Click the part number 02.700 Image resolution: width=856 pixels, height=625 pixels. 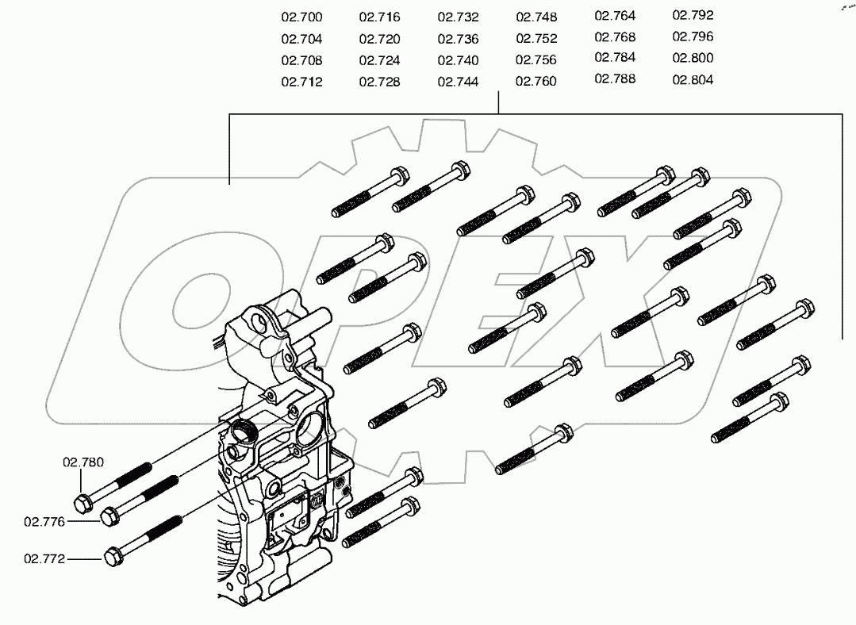pos(301,17)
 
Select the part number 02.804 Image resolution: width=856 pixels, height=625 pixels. pos(693,79)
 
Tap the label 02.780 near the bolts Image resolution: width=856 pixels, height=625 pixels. pos(83,461)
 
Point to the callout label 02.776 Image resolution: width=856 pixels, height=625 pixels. pos(44,521)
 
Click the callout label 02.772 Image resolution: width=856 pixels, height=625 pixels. pos(44,558)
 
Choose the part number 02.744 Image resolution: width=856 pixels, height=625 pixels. pos(458,82)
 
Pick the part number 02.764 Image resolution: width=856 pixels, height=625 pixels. pos(615,16)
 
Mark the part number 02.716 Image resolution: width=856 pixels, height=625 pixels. pos(379,17)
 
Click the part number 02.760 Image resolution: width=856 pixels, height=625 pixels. pos(536,81)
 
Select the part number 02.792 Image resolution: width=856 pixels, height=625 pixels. pos(693,15)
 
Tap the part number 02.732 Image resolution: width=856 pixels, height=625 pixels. pos(458,17)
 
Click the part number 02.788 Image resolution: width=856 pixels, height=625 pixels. pos(615,79)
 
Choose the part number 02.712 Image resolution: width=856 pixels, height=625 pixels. pos(301,82)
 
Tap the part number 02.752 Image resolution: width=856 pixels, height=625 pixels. pos(536,38)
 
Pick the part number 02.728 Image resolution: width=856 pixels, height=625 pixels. pos(379,82)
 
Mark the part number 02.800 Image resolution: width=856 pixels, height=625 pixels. pos(693,58)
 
